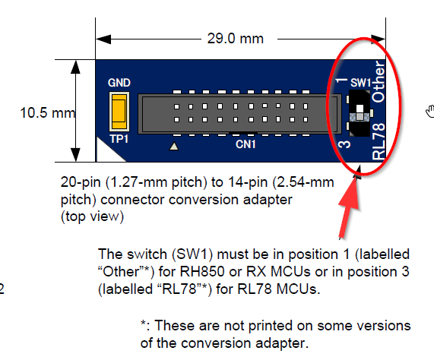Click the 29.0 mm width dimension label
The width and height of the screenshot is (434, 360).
coord(236,39)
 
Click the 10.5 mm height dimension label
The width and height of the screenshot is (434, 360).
coord(48,113)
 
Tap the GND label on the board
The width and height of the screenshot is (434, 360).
coord(119,83)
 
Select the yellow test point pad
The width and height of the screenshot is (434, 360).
coord(119,112)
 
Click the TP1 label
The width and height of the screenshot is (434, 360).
coord(119,139)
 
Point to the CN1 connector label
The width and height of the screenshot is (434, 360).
coord(246,144)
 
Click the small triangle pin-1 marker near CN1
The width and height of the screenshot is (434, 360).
coord(174,146)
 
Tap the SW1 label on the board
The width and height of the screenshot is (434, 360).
coord(360,83)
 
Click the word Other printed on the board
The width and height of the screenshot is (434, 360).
coord(379,81)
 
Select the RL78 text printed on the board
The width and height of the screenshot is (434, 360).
coord(379,141)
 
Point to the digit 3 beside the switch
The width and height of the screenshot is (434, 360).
coord(344,144)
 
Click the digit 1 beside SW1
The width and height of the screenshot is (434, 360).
coord(341,81)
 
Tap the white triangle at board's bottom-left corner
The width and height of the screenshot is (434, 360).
coord(108,150)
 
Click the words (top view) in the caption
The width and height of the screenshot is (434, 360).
coord(92,216)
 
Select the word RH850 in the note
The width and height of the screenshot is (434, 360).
coord(202,272)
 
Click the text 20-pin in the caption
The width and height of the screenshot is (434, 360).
coord(81,182)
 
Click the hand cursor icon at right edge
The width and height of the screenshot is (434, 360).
coord(430,112)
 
